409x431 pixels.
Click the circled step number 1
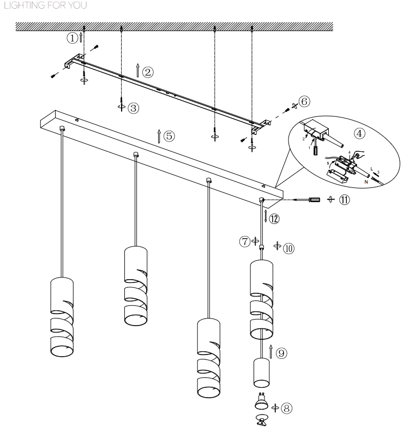(x=71, y=38)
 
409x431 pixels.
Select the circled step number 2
(x=147, y=71)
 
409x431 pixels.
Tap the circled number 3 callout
(x=133, y=108)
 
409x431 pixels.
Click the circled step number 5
(x=169, y=136)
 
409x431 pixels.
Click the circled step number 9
(x=281, y=353)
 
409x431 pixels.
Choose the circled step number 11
(x=345, y=199)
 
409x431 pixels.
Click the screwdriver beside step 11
(x=310, y=200)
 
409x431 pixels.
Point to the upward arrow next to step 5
(x=159, y=136)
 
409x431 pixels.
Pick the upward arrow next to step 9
(x=270, y=353)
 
